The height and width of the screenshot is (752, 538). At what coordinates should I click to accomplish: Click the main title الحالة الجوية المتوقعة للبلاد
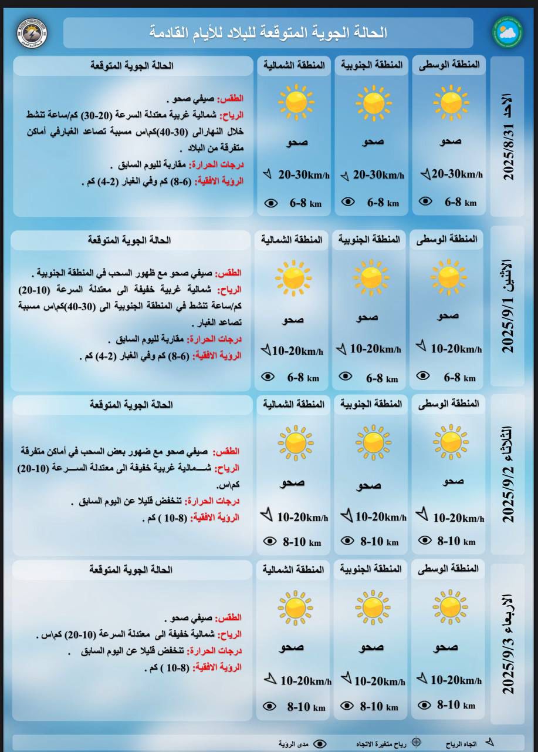point(268,32)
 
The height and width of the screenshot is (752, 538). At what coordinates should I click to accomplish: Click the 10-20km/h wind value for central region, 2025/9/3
point(456,680)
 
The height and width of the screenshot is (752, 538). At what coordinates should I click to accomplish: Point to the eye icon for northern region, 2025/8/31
point(270,203)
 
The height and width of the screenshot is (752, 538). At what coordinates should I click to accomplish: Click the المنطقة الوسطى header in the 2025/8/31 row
point(449,66)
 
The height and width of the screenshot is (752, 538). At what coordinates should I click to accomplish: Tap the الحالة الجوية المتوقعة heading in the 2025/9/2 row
point(131,405)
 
